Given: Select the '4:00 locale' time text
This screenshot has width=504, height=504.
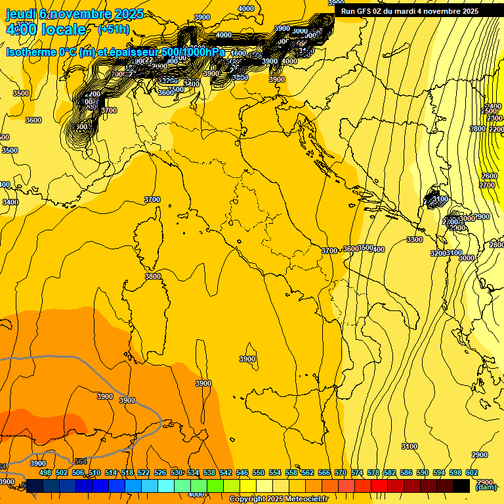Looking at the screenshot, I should [x=46, y=30].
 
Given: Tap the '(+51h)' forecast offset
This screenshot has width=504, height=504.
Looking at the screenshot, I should [x=114, y=30].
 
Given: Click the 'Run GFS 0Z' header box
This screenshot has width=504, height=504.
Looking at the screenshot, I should [x=409, y=11].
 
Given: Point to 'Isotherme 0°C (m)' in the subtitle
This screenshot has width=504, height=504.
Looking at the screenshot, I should [x=50, y=52].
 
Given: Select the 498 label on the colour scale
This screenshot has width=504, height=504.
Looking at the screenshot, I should [x=45, y=472].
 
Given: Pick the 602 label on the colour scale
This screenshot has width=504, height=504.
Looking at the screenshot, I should [x=472, y=472].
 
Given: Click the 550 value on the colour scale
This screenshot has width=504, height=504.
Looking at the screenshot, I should [x=259, y=472].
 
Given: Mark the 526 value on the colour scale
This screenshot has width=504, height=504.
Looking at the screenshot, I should [x=160, y=472].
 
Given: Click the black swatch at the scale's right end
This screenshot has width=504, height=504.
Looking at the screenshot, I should [x=461, y=486].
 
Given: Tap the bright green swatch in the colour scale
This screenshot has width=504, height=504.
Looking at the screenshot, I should [x=215, y=486].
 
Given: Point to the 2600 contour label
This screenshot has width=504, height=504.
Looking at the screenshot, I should [x=489, y=177].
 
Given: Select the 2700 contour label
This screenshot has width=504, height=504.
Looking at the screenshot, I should [x=486, y=186].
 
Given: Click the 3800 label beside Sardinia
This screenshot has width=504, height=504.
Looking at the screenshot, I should [x=153, y=276].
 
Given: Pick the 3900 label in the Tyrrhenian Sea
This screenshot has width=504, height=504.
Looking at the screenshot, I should [x=247, y=359].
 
